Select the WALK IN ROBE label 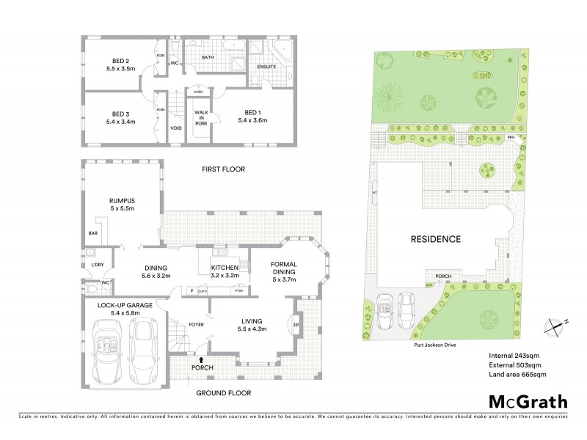point(200,117)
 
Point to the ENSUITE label point(266,67)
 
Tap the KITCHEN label point(223,268)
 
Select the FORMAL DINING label point(282,268)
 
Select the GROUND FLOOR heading point(224,393)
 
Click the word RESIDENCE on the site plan point(434,238)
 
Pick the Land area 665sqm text point(517,375)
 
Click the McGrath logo point(527,402)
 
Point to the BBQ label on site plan point(511,137)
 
